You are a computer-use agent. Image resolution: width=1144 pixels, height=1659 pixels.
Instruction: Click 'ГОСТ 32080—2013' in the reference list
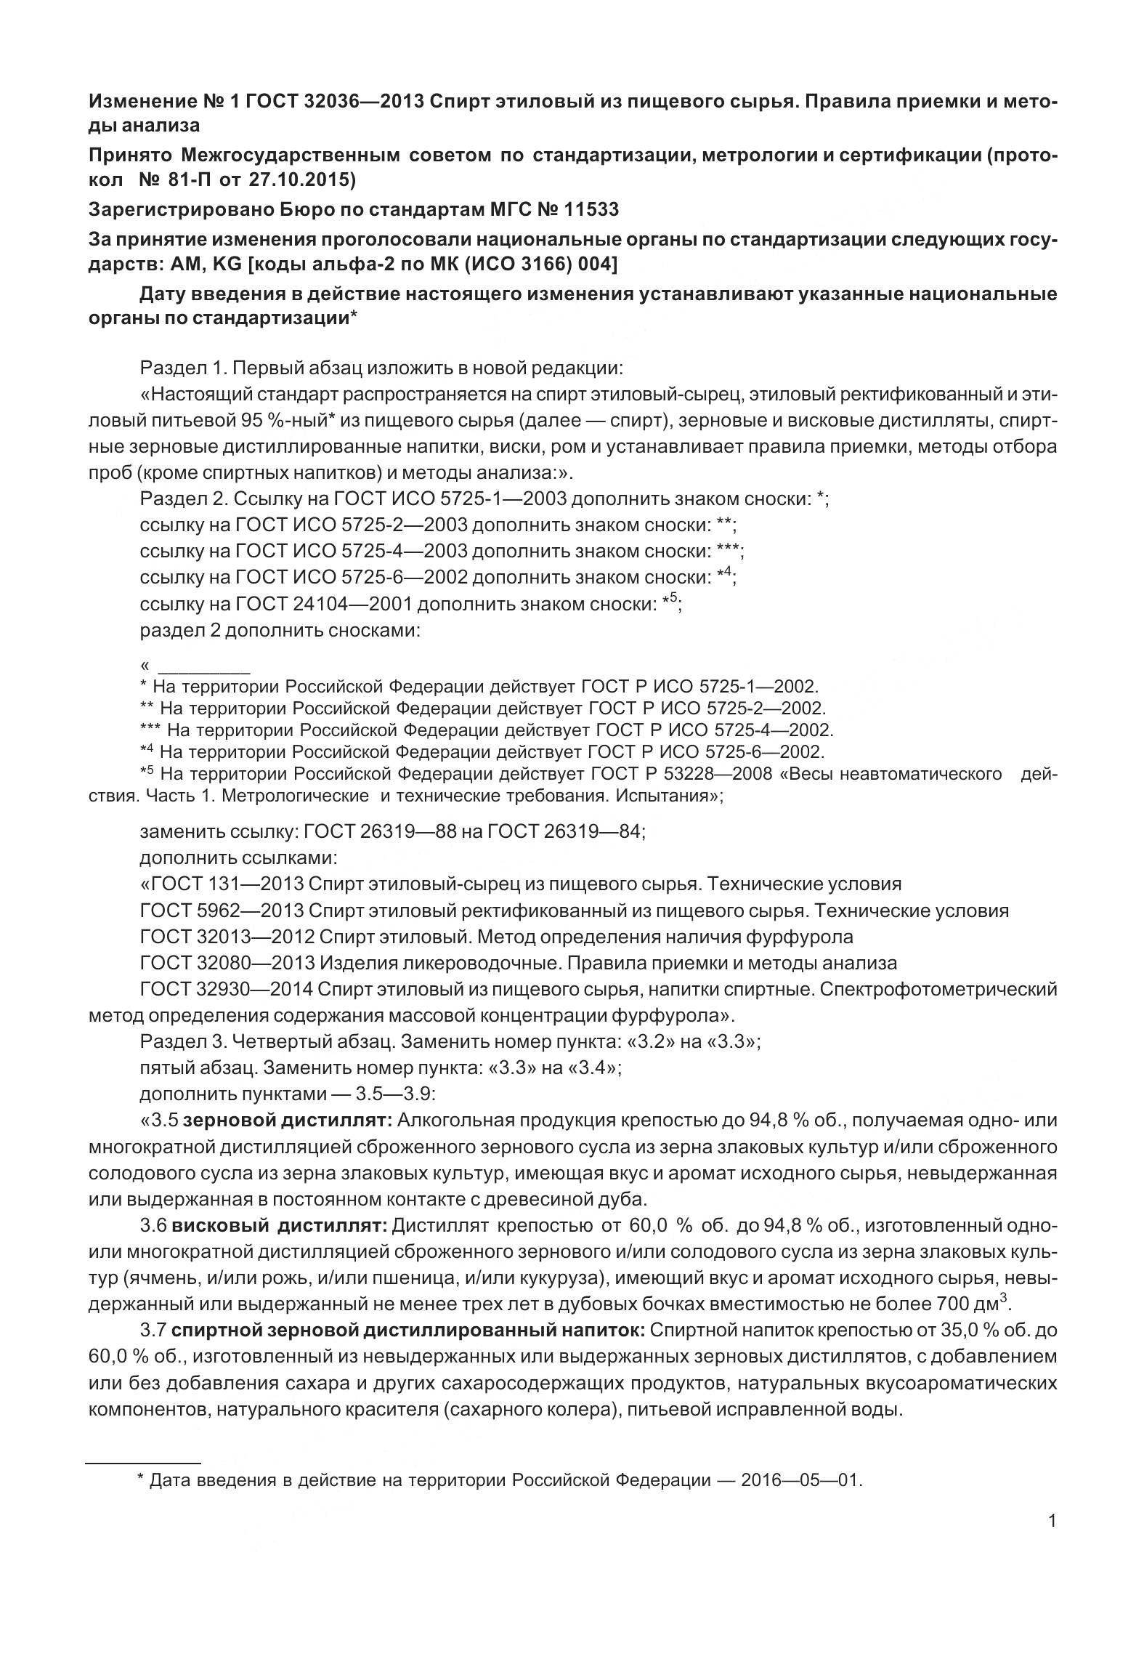(227, 964)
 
